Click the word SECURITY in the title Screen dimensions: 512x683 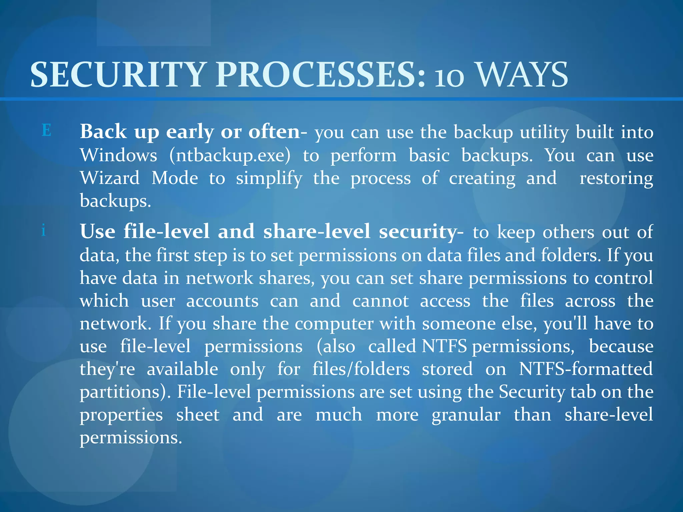(x=117, y=75)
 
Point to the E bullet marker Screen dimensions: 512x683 (x=47, y=130)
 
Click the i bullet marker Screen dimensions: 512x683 (x=43, y=230)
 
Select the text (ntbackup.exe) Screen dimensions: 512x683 (x=230, y=155)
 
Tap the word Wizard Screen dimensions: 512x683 (x=110, y=178)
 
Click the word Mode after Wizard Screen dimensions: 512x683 (x=175, y=178)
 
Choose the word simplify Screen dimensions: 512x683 (x=269, y=179)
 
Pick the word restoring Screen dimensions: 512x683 (x=616, y=179)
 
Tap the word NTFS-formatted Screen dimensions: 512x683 (x=586, y=369)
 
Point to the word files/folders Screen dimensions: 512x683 (x=361, y=369)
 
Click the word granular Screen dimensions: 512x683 (x=466, y=415)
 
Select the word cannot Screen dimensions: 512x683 (x=380, y=301)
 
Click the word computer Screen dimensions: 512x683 (x=334, y=324)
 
